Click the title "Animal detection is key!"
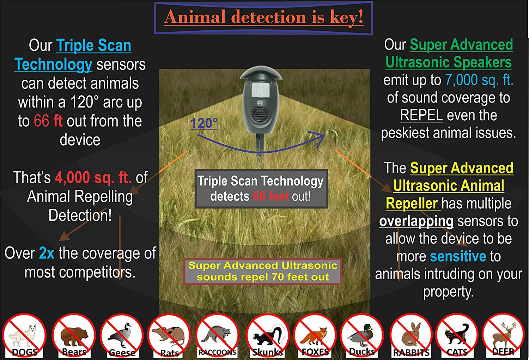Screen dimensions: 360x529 [x=263, y=18]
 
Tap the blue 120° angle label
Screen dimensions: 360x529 [x=204, y=123]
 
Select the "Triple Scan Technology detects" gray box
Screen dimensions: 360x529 [x=261, y=189]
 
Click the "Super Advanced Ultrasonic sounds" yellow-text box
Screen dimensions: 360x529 [x=263, y=271]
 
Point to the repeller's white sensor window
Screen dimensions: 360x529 [x=261, y=88]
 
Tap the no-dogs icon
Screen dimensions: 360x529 [x=24, y=335]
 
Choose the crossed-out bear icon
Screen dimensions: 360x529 [x=74, y=335]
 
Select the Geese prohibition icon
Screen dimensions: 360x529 [x=122, y=335]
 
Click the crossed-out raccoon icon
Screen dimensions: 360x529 [x=217, y=335]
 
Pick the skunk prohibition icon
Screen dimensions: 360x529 [x=268, y=335]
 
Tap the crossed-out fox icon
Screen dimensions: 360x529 [x=315, y=335]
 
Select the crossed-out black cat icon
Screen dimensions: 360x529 [x=457, y=335]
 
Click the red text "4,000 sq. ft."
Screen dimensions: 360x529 [x=93, y=177]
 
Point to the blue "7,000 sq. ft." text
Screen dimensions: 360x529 [x=479, y=80]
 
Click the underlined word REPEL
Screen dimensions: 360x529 [x=421, y=115]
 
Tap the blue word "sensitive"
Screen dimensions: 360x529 [x=458, y=256]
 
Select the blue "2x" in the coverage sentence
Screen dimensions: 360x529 [x=47, y=253]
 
